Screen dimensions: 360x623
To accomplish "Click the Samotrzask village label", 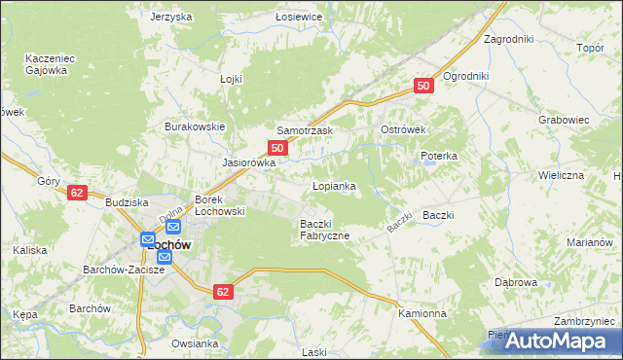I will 305,130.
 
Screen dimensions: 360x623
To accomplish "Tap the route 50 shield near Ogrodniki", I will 422,87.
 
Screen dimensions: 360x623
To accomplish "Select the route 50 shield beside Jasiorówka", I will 277,148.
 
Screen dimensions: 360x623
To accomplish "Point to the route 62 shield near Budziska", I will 78,193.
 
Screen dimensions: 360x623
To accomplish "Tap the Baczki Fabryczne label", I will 324,230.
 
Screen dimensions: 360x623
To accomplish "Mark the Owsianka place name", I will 195,343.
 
